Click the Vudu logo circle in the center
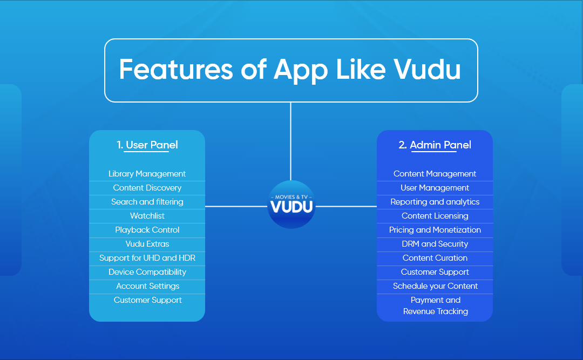coord(291,205)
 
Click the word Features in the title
coord(191,70)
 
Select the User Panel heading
coord(147,145)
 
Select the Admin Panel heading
coord(435,145)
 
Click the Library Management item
coord(147,174)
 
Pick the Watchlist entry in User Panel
coord(147,216)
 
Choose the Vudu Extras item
coord(147,244)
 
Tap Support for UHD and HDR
coord(147,258)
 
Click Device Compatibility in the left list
coord(147,272)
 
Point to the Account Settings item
coord(147,286)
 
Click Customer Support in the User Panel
coord(147,300)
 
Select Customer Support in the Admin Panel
coord(435,272)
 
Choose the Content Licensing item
coord(435,216)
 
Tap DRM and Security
coord(435,244)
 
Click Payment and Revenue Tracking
coord(435,305)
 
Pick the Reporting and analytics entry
coord(435,202)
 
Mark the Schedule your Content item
coord(435,286)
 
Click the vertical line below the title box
coord(290,140)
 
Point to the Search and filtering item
coord(147,202)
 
